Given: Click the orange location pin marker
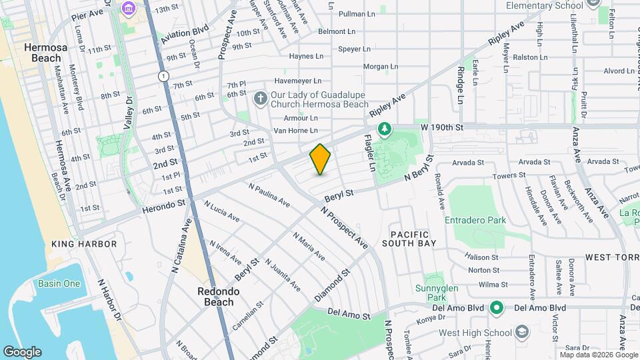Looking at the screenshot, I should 321,159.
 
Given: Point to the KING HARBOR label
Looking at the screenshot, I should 84,244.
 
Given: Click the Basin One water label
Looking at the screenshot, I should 59,283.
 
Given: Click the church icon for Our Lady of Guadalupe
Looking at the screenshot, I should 261,99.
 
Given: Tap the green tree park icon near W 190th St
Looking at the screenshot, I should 384,128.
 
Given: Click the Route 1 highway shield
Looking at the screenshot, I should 163,77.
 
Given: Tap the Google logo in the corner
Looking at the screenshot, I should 22,351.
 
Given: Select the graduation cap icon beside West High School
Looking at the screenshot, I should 521,332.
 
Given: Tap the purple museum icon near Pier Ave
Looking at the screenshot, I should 127,8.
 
